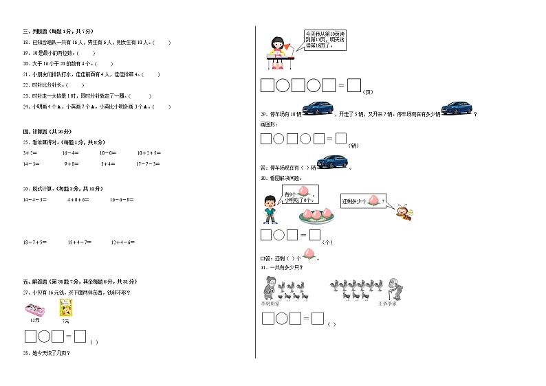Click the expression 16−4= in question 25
tap(70, 152)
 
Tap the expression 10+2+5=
tap(149, 152)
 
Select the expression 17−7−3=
tap(148, 164)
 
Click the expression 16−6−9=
tap(122, 200)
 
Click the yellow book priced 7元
tap(66, 310)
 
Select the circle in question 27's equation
tap(45, 337)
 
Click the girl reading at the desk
tap(279, 52)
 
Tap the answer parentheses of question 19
tap(85, 53)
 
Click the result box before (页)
tap(354, 85)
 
